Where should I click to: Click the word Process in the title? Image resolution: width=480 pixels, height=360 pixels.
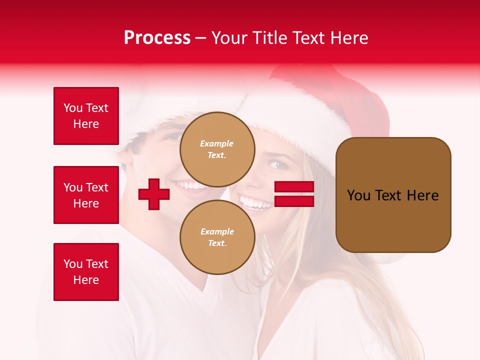click(157, 38)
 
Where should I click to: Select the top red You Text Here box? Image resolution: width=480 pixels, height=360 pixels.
click(86, 116)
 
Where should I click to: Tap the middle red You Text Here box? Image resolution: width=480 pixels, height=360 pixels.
click(86, 195)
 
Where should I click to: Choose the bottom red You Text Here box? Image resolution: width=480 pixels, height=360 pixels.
click(86, 272)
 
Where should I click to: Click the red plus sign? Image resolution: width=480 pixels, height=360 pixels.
click(154, 194)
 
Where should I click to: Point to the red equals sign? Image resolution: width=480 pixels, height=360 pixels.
click(294, 194)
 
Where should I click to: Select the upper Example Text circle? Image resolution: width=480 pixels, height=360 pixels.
click(217, 149)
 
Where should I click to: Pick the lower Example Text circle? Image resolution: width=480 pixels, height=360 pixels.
click(217, 237)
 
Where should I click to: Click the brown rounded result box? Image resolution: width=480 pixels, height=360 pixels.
click(393, 195)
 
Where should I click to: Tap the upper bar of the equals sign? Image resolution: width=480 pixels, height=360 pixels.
click(294, 187)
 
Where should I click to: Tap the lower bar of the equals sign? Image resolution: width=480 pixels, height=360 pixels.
click(294, 201)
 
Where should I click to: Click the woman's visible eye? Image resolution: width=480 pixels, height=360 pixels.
click(278, 164)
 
